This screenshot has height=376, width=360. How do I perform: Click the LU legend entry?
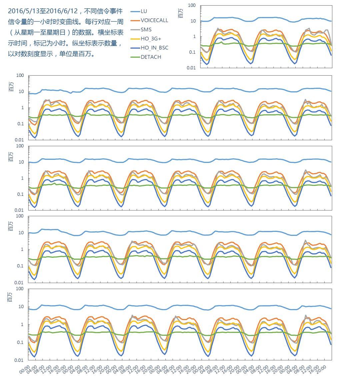click(x=144, y=11)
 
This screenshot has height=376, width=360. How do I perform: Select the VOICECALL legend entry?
click(x=154, y=20)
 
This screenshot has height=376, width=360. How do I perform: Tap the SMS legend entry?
click(x=146, y=30)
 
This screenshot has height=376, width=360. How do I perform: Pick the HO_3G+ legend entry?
click(x=151, y=39)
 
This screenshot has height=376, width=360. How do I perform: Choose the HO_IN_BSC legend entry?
click(x=154, y=48)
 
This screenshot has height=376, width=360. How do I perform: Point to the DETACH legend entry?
click(x=151, y=57)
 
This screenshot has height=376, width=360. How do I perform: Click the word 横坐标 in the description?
click(x=108, y=32)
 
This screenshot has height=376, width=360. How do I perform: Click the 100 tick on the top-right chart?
click(x=192, y=5)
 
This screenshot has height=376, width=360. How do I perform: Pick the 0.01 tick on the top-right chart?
click(x=191, y=68)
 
